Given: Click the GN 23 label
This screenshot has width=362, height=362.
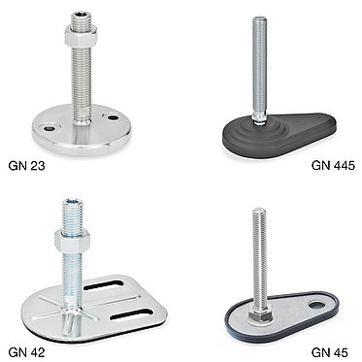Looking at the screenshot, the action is click(26, 166).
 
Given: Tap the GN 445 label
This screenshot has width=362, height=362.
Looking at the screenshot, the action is click(333, 166).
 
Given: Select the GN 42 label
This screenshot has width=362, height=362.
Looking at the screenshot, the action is click(26, 352).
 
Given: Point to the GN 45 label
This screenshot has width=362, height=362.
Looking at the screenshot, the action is click(330, 352).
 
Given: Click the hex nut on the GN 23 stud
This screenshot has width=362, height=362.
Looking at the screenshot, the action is click(81, 36).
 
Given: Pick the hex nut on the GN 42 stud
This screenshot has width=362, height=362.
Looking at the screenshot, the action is click(72, 241).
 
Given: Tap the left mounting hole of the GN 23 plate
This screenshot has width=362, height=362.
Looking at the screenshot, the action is click(49, 128).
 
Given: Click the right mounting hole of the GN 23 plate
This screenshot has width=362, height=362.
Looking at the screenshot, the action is click(113, 117).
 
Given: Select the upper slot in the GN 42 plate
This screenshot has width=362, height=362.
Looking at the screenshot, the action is click(104, 285).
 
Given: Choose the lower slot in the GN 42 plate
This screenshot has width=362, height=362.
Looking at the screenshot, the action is click(131, 314).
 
